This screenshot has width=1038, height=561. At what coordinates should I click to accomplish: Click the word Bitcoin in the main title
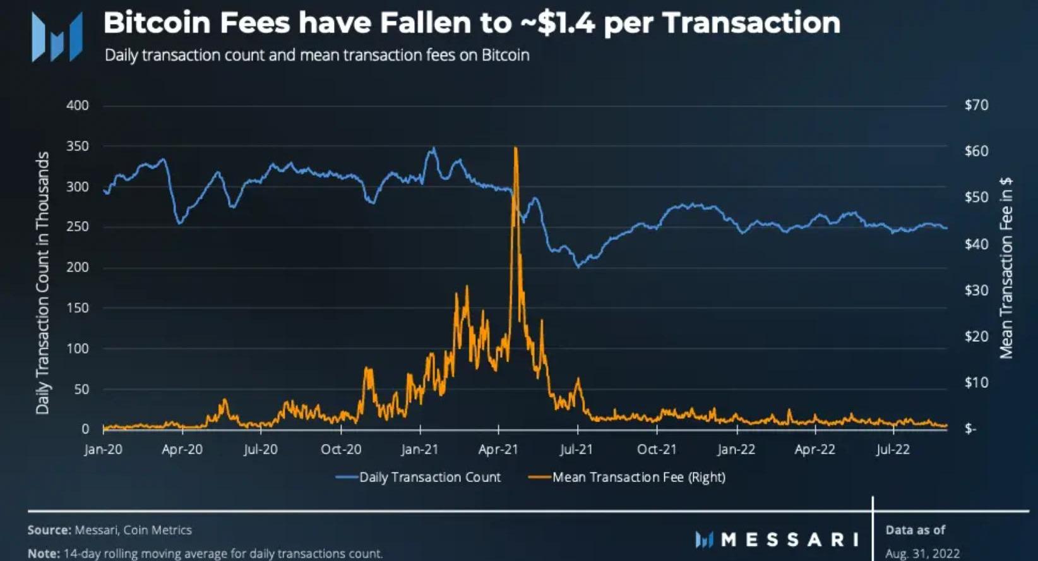157,23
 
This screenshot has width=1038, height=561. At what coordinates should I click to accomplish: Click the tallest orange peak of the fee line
516,149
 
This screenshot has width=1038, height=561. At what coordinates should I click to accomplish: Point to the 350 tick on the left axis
78,146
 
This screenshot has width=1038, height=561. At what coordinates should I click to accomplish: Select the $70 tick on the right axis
976,105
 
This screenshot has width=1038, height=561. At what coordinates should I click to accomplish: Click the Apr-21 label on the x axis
498,449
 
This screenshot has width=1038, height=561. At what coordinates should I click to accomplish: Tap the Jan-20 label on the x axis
104,449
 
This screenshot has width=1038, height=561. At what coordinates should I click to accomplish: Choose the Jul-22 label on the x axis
893,449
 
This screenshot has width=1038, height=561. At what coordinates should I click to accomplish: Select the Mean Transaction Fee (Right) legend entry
638,477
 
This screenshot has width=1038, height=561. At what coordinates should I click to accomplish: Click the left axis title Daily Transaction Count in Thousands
42,283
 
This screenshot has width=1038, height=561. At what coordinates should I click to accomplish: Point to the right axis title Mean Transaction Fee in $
1006,268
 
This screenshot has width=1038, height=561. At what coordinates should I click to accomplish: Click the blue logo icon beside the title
57,37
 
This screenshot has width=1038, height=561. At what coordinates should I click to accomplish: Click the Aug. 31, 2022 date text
922,553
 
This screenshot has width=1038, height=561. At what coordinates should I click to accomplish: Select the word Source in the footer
49,530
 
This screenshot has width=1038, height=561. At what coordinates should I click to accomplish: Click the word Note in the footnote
43,553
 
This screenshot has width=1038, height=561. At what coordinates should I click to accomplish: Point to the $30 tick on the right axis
976,290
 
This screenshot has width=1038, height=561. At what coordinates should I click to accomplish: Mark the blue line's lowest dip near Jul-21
578,267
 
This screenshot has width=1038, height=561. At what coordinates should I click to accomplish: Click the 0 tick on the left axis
85,429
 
